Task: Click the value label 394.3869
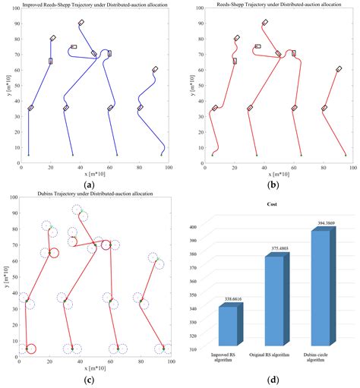(318, 223)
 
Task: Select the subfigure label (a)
(90, 185)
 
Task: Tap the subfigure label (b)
(272, 185)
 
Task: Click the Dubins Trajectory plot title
(90, 195)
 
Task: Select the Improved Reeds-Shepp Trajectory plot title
(90, 5)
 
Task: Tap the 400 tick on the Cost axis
(199, 227)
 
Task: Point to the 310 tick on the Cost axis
(199, 349)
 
